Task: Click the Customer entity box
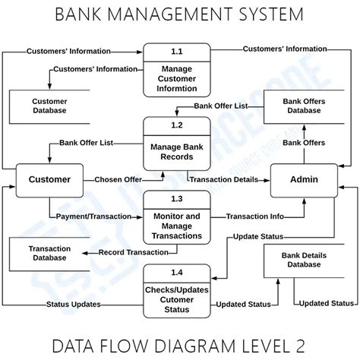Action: coord(49,180)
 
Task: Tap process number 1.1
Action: coord(177,52)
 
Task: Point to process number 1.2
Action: coord(177,125)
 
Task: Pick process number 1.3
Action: coord(177,198)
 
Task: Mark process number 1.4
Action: coord(177,272)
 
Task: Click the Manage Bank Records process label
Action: coord(177,152)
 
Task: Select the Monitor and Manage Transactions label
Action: coord(177,226)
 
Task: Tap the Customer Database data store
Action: coord(49,106)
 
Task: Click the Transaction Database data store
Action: coord(49,253)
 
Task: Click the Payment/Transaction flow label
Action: coord(93,216)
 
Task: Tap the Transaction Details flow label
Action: coord(223,180)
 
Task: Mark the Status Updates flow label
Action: coord(73,305)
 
